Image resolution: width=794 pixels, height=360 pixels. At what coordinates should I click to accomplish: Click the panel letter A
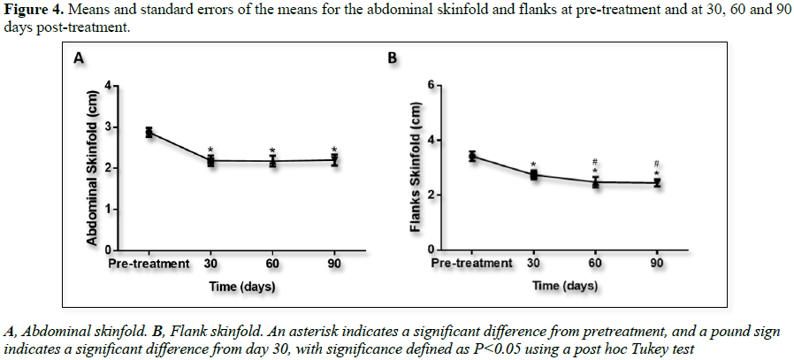coord(79,59)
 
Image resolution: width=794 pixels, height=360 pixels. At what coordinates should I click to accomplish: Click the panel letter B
coord(393,59)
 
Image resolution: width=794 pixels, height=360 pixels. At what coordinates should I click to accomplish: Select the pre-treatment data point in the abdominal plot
coord(149,132)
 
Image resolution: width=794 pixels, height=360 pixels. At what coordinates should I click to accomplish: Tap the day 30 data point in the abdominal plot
coord(210,161)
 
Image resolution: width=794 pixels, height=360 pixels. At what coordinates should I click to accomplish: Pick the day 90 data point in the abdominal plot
coord(334,160)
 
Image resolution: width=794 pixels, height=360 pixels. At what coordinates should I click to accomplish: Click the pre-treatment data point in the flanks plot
coord(472,157)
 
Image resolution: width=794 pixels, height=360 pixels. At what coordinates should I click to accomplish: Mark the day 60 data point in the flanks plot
coord(596,182)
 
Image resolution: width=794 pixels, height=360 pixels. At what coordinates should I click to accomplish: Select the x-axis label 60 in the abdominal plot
coord(272,263)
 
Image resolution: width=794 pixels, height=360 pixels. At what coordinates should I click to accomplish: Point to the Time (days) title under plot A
coord(241,286)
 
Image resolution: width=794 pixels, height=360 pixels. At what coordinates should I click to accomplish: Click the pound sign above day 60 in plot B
coord(596,163)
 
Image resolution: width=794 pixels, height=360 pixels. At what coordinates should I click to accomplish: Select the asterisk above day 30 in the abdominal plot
coord(210,149)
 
